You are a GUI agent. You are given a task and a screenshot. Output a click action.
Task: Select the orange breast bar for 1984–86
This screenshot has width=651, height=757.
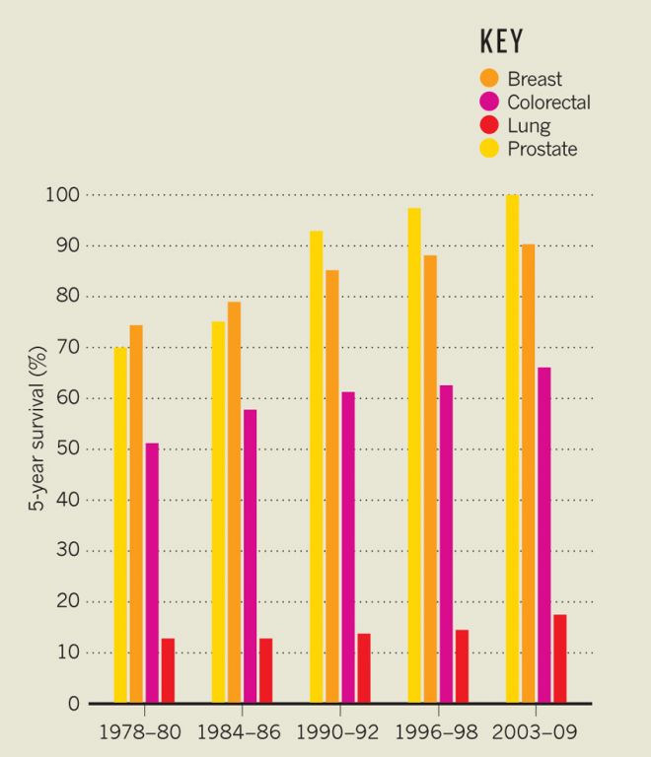234,503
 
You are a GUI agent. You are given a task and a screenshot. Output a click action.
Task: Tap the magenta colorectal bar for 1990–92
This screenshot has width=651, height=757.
348,547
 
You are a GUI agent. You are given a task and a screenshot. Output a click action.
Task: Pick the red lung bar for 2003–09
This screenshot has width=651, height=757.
560,658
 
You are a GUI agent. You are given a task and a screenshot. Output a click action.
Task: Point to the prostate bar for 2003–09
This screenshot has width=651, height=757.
512,448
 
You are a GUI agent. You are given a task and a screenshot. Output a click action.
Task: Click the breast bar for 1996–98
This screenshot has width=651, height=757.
430,479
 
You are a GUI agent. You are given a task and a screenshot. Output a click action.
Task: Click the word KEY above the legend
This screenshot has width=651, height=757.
501,41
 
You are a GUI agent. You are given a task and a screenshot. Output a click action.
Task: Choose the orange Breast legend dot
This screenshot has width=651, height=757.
489,78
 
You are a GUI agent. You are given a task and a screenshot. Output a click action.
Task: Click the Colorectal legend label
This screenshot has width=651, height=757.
548,102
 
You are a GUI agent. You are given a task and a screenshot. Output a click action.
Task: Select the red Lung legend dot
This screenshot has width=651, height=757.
489,125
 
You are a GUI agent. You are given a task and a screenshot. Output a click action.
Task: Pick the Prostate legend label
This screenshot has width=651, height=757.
542,149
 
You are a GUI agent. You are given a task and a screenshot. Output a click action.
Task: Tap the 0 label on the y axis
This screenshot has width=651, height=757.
73,704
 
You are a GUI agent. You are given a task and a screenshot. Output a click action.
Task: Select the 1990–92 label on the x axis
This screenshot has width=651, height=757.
338,733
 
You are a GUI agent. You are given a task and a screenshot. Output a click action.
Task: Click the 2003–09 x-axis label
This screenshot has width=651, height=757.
534,733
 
